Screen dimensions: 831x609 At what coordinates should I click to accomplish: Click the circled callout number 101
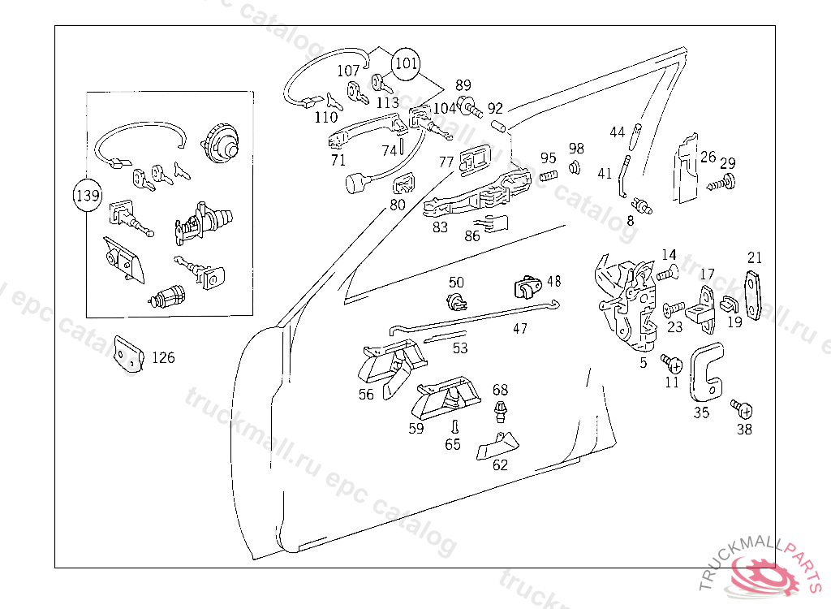[x=406, y=63]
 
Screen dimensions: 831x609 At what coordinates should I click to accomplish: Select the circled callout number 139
[x=88, y=196]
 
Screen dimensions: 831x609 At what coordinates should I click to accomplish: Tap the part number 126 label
[x=163, y=357]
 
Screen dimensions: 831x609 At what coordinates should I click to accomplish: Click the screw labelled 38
[x=743, y=409]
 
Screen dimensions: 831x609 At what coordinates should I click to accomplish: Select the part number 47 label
[x=520, y=329]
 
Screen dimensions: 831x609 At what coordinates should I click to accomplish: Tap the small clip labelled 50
[x=456, y=302]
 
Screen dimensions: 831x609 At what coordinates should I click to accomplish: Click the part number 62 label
[x=500, y=464]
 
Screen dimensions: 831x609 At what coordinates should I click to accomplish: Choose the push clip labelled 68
[x=500, y=411]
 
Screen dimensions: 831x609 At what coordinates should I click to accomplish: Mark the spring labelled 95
[x=549, y=175]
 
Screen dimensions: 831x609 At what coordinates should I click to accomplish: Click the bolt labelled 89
[x=471, y=108]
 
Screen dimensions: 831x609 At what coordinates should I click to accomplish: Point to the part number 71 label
[x=338, y=160]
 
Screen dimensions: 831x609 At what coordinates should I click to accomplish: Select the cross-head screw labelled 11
[x=671, y=364]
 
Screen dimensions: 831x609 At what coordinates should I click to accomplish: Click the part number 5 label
[x=643, y=363]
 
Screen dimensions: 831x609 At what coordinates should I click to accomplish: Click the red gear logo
[x=762, y=575]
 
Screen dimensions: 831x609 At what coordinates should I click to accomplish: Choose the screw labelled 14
[x=668, y=274]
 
